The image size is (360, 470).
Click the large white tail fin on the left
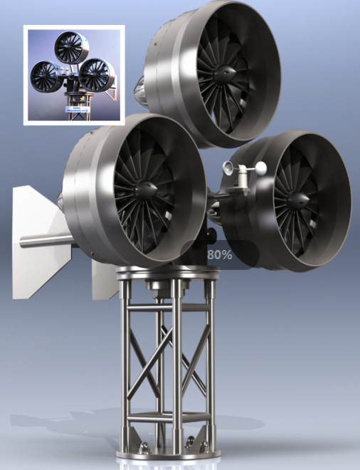point(39,242)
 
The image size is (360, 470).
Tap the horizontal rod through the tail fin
point(43,241)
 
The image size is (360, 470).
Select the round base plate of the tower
point(165,451)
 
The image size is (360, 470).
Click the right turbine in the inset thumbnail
point(95,74)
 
